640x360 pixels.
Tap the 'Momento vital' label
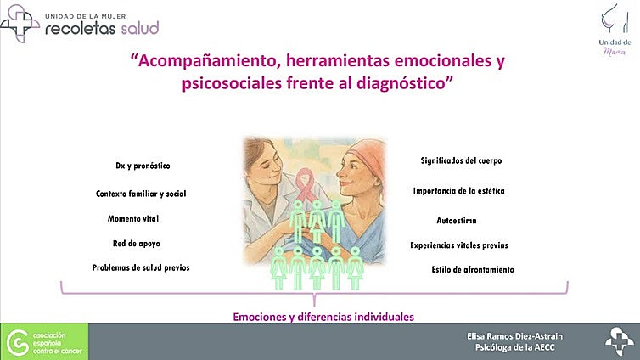click(133, 219)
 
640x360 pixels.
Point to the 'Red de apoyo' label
click(136, 244)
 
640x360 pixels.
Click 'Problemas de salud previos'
click(141, 267)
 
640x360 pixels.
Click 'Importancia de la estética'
click(459, 191)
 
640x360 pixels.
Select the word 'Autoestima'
click(457, 220)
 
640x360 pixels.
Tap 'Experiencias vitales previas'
click(459, 245)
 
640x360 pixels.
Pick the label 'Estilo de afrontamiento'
click(473, 270)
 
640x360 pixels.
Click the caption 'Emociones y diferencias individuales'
click(323, 317)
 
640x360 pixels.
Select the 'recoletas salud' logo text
click(102, 27)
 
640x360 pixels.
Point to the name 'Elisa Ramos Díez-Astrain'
click(520, 336)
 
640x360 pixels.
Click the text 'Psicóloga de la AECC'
click(520, 348)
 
